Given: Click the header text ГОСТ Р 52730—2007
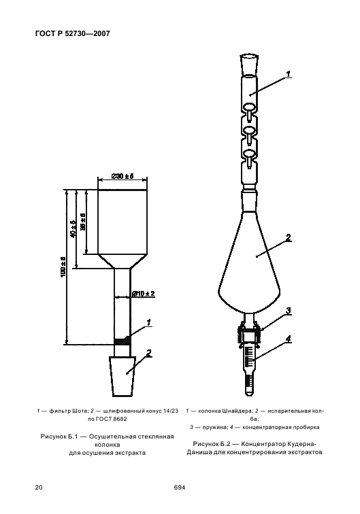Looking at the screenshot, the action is tap(72, 33).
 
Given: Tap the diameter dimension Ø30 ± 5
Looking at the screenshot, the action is tap(122, 176).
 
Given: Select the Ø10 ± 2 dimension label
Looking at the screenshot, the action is tap(144, 294).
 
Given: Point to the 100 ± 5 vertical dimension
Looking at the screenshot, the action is tap(64, 267).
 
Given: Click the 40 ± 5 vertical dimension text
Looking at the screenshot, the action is tap(73, 228).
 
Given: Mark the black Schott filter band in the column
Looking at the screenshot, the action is tap(122, 341).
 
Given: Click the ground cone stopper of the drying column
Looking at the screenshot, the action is tap(122, 377).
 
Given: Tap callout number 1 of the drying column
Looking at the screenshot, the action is tap(148, 322).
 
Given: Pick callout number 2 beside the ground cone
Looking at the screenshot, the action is tap(148, 353).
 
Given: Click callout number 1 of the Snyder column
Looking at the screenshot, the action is tap(288, 74).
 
